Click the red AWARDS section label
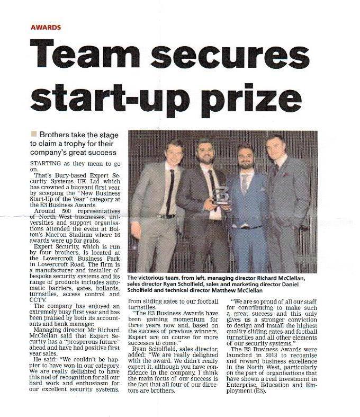(46, 26)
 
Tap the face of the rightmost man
(275, 148)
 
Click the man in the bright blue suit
(245, 212)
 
